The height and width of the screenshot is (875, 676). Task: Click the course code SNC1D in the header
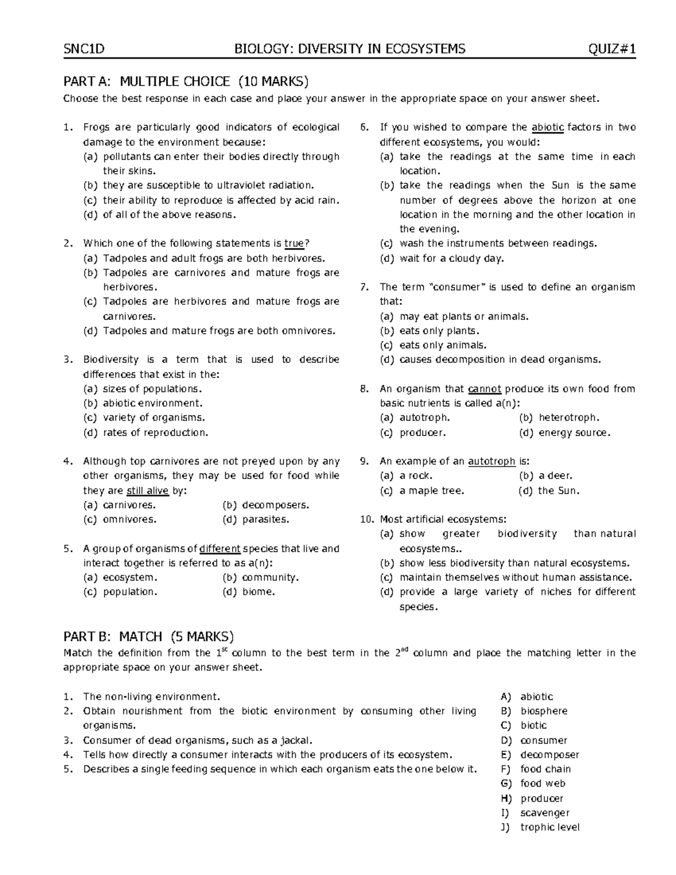[84, 49]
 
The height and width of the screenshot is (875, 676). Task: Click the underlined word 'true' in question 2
[294, 243]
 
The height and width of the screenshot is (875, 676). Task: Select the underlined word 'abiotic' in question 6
[548, 127]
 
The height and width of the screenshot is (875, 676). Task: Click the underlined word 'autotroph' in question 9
[492, 461]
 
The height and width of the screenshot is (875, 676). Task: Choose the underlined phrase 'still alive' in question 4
[148, 491]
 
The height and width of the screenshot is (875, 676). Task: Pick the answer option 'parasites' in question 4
[265, 519]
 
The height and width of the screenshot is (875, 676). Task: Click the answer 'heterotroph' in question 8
[569, 418]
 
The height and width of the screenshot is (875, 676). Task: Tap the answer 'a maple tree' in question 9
[432, 491]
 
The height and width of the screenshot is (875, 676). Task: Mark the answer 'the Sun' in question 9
[558, 491]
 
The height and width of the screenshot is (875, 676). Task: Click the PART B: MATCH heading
[148, 637]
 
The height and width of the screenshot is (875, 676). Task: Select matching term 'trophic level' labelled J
[549, 827]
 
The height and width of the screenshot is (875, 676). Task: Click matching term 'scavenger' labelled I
[545, 812]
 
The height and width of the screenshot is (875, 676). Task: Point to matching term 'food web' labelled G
[542, 783]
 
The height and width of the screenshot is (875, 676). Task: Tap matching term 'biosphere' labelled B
[544, 711]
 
